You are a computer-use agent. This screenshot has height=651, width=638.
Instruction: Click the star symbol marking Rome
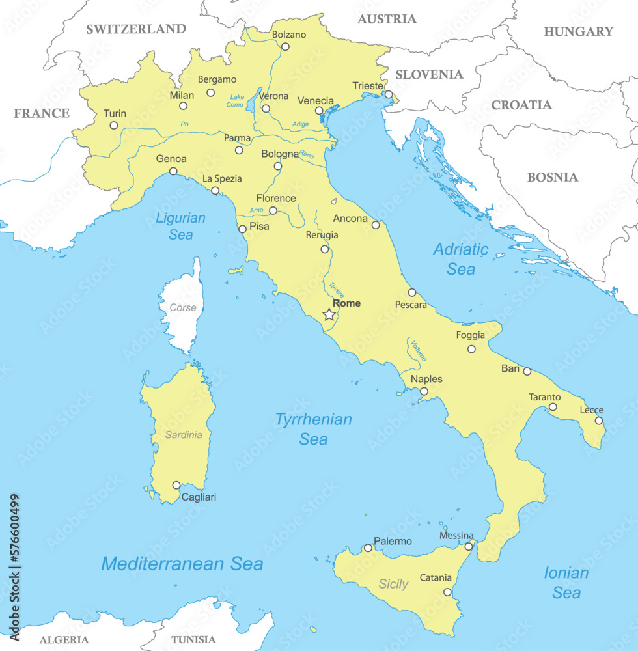click(x=329, y=315)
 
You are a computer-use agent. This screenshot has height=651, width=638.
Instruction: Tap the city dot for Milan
click(x=184, y=106)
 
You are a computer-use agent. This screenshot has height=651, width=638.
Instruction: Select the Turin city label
click(x=115, y=114)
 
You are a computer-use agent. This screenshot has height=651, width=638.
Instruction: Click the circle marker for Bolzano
click(x=285, y=47)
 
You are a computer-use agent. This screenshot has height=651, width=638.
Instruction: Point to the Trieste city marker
click(x=389, y=95)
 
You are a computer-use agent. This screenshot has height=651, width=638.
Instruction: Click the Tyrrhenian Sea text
click(x=313, y=429)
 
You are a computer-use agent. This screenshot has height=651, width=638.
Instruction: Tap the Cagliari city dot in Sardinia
click(x=176, y=485)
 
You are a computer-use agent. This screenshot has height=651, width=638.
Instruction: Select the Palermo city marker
click(x=368, y=548)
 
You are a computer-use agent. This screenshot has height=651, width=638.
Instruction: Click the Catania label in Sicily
click(x=436, y=577)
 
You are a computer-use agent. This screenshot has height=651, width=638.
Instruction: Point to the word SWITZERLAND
click(x=136, y=29)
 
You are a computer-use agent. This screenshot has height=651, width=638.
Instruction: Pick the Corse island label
click(x=182, y=307)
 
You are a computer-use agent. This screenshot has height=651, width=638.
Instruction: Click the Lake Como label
click(x=235, y=101)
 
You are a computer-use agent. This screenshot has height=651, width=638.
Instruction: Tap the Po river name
click(x=185, y=124)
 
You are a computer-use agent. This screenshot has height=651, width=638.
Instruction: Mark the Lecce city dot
click(x=599, y=421)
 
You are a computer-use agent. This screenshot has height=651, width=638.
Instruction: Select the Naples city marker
click(x=424, y=391)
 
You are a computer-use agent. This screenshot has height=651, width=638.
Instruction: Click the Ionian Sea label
click(x=566, y=583)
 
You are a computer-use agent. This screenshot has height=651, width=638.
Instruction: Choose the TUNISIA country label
click(x=193, y=639)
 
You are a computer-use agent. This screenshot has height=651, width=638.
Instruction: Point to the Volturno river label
click(x=418, y=350)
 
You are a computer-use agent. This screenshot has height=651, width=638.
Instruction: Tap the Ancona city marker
click(x=376, y=225)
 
